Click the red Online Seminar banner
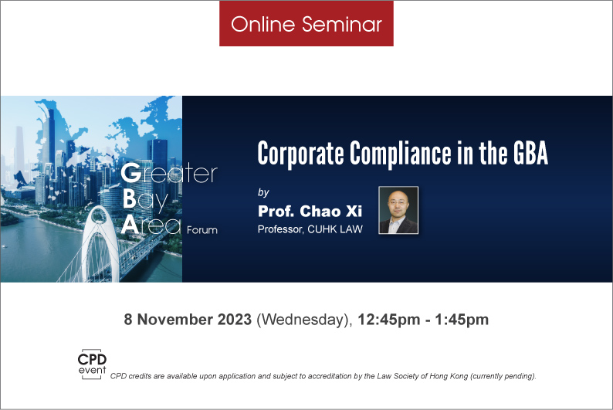tap(306, 23)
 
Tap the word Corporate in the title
tap(300, 154)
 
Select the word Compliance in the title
tap(400, 154)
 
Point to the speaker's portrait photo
tap(398, 210)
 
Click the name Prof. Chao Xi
tap(310, 211)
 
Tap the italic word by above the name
tap(263, 192)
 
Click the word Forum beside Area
tap(202, 230)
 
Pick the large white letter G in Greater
tap(131, 173)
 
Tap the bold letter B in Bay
tap(130, 199)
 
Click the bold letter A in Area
tap(130, 225)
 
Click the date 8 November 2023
tap(188, 320)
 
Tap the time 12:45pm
tap(389, 320)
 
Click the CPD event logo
tap(92, 364)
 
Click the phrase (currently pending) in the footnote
tap(503, 376)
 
